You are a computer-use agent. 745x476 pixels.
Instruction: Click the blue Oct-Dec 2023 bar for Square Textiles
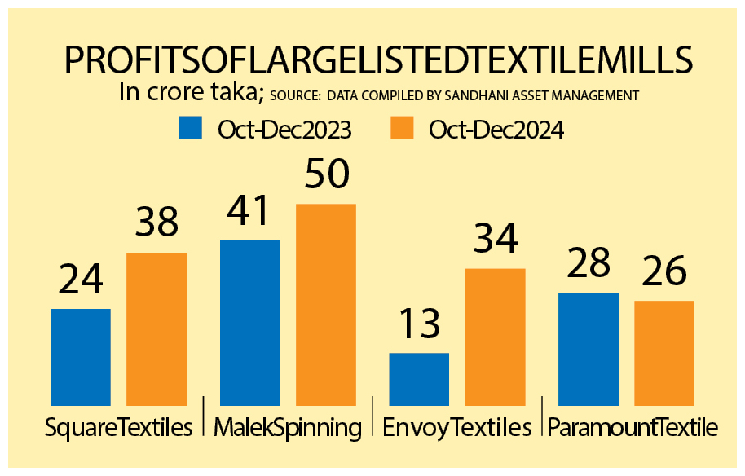[x=81, y=356]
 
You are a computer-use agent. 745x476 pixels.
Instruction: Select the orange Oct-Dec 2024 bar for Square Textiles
[x=156, y=328]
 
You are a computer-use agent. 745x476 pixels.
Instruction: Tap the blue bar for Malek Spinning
[x=250, y=322]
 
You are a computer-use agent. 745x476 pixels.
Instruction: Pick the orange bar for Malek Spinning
[x=326, y=304]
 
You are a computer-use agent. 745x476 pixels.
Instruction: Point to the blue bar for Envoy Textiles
[x=419, y=378]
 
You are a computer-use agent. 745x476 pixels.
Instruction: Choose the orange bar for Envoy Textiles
[x=495, y=336]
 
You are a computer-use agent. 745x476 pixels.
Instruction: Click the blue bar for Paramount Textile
[x=589, y=348]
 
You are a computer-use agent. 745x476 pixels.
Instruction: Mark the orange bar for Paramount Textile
[x=664, y=352]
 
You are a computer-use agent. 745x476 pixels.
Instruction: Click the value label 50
[x=326, y=174]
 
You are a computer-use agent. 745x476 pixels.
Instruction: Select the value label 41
[x=248, y=211]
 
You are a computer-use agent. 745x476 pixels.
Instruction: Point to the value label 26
[x=663, y=271]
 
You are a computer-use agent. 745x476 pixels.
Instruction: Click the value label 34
[x=495, y=239]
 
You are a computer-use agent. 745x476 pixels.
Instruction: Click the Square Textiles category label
[x=119, y=427]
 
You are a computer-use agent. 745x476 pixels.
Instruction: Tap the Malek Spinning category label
[x=288, y=427]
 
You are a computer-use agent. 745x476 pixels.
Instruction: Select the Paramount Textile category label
[x=632, y=427]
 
